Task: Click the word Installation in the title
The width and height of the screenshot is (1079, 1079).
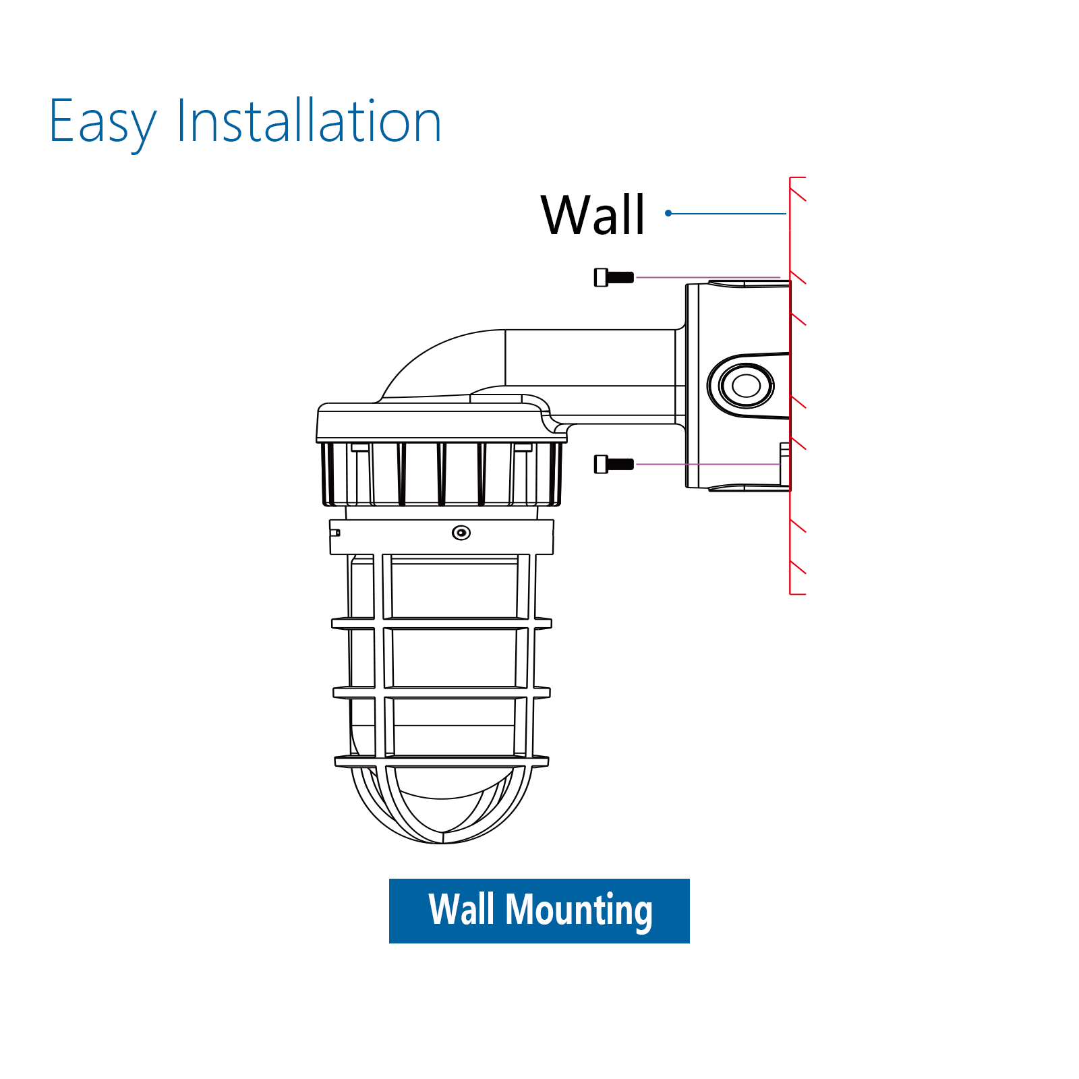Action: coord(309,121)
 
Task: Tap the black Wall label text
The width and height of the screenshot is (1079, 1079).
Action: coord(593,214)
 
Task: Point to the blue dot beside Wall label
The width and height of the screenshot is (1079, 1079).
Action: coord(668,213)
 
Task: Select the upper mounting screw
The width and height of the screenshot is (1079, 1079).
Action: coord(614,277)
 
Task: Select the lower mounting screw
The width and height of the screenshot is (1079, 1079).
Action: coord(614,464)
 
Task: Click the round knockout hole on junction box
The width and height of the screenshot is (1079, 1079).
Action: coord(746,386)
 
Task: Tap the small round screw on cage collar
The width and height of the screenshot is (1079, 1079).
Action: coord(461,533)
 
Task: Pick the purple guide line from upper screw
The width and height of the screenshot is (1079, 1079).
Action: coord(708,277)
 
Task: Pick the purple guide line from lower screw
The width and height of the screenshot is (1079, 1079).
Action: coord(708,464)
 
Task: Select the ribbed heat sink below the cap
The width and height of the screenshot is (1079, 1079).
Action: coord(442,473)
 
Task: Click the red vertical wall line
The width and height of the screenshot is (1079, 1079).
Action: coord(790,386)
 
